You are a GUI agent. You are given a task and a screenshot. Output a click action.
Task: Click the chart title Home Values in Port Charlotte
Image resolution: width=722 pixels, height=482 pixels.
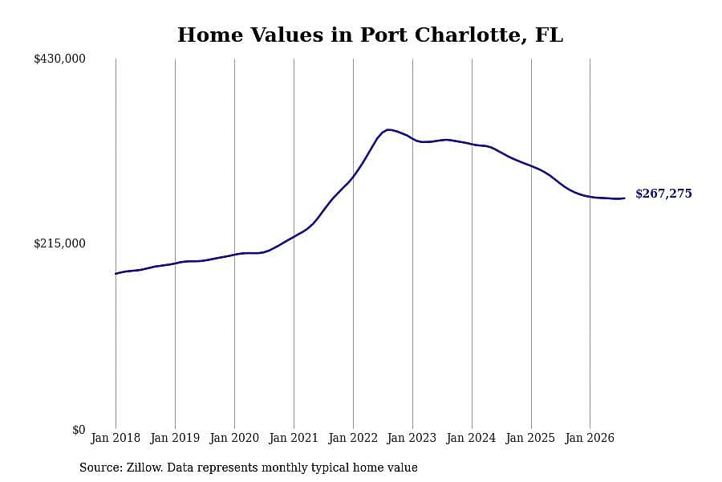pyautogui.click(x=370, y=35)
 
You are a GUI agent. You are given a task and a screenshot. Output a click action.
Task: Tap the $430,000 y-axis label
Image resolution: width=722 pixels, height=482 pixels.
pyautogui.click(x=59, y=59)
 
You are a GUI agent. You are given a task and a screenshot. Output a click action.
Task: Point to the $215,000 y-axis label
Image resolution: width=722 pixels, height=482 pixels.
pyautogui.click(x=59, y=243)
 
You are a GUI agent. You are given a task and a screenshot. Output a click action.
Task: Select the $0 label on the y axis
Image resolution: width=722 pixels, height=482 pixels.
pyautogui.click(x=79, y=430)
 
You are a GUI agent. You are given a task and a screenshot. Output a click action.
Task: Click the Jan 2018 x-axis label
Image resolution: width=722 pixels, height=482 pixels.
pyautogui.click(x=116, y=438)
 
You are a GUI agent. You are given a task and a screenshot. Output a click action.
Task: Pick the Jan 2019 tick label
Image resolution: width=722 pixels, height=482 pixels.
pyautogui.click(x=175, y=438)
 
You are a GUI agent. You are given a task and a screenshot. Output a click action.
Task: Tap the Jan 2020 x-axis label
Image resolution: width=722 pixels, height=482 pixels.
pyautogui.click(x=234, y=438)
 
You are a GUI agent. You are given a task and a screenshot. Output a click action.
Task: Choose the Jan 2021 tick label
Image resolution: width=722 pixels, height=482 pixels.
pyautogui.click(x=294, y=438)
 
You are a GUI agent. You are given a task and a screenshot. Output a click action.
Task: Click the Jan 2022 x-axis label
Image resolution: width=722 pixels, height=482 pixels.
pyautogui.click(x=353, y=438)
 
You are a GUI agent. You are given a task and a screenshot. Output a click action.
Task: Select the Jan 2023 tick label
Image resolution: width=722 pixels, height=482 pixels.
pyautogui.click(x=412, y=438)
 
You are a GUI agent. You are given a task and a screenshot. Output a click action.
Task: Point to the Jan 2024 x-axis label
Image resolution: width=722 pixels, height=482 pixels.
pyautogui.click(x=471, y=438)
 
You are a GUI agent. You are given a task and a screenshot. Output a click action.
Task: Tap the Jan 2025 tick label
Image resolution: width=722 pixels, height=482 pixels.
pyautogui.click(x=530, y=438)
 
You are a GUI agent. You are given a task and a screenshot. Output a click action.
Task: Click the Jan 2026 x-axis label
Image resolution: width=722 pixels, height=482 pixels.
pyautogui.click(x=590, y=438)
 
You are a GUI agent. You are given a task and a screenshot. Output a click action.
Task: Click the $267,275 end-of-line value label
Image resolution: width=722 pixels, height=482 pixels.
pyautogui.click(x=663, y=194)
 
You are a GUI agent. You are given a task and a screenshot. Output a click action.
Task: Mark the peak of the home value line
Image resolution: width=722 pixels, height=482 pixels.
pyautogui.click(x=388, y=129)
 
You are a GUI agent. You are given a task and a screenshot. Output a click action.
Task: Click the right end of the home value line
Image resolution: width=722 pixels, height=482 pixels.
pyautogui.click(x=624, y=198)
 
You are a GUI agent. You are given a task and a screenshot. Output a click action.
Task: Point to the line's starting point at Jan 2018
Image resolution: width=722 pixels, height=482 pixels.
pyautogui.click(x=116, y=273)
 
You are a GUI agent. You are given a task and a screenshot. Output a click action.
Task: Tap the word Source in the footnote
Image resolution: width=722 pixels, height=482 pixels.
pyautogui.click(x=101, y=468)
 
